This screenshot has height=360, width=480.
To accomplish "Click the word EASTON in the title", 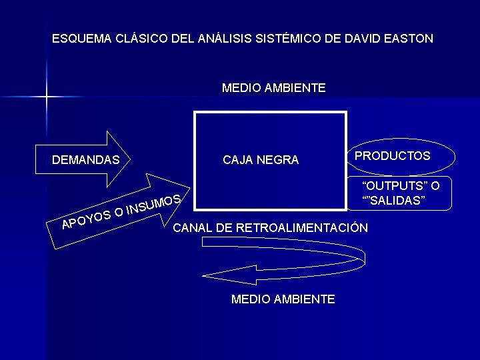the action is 408,38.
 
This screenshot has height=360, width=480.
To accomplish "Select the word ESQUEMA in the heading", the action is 78,38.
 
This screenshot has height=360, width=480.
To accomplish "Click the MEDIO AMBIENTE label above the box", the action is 273,88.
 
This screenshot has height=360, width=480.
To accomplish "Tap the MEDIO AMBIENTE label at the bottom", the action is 283,299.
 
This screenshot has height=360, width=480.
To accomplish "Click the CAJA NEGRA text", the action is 261,160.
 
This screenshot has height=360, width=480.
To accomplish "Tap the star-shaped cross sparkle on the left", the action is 47,97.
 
